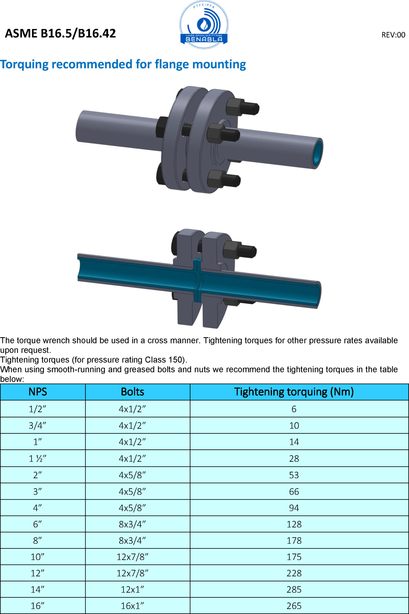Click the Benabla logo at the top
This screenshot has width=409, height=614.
(204, 25)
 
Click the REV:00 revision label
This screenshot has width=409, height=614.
(393, 35)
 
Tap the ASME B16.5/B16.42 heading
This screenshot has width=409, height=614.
(60, 33)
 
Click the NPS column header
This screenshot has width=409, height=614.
(38, 392)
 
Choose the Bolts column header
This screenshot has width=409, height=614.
(132, 392)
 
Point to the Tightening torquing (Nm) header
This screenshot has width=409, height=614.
(294, 392)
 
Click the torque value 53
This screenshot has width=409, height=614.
(294, 475)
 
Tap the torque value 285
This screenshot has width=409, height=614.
(294, 589)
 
